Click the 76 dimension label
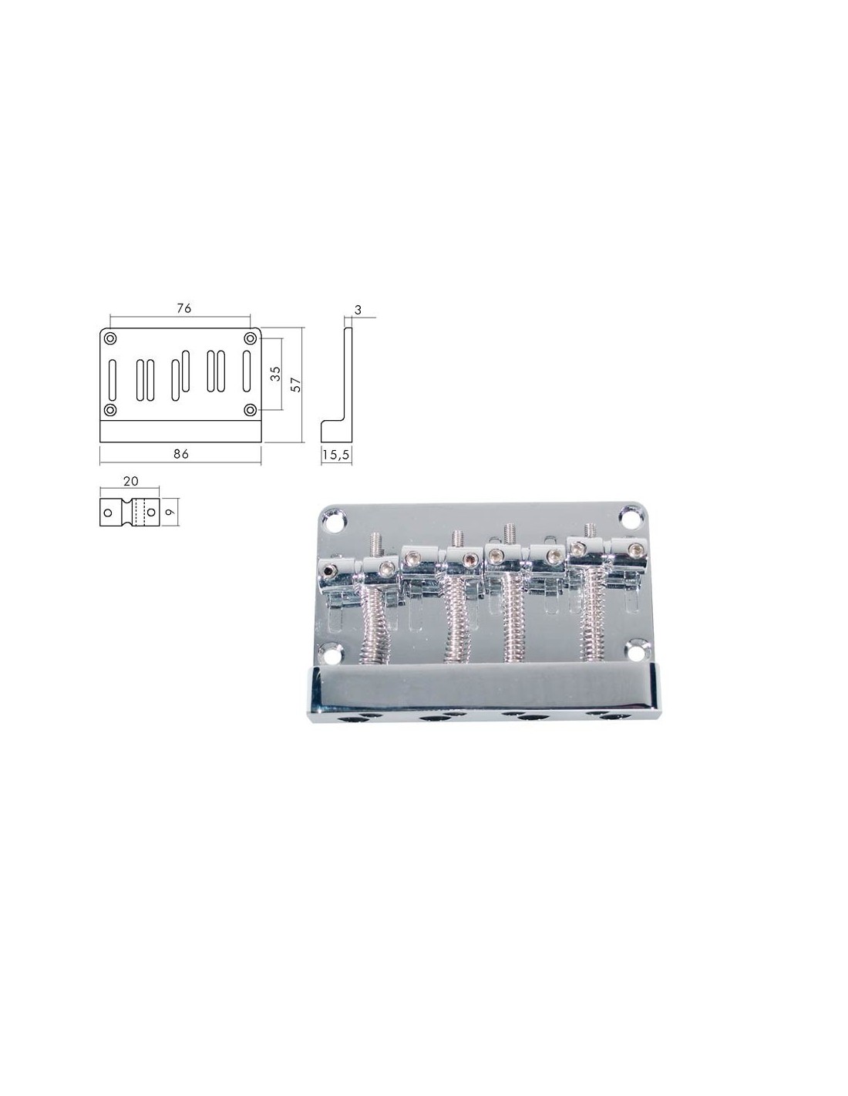183,308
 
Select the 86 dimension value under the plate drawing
180,453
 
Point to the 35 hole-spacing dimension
275,373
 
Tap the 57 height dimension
297,385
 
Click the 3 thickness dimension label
358,310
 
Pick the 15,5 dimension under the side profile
336,455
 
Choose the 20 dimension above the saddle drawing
130,481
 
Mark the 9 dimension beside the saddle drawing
170,512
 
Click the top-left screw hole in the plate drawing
110,338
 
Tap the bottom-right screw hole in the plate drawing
251,410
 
